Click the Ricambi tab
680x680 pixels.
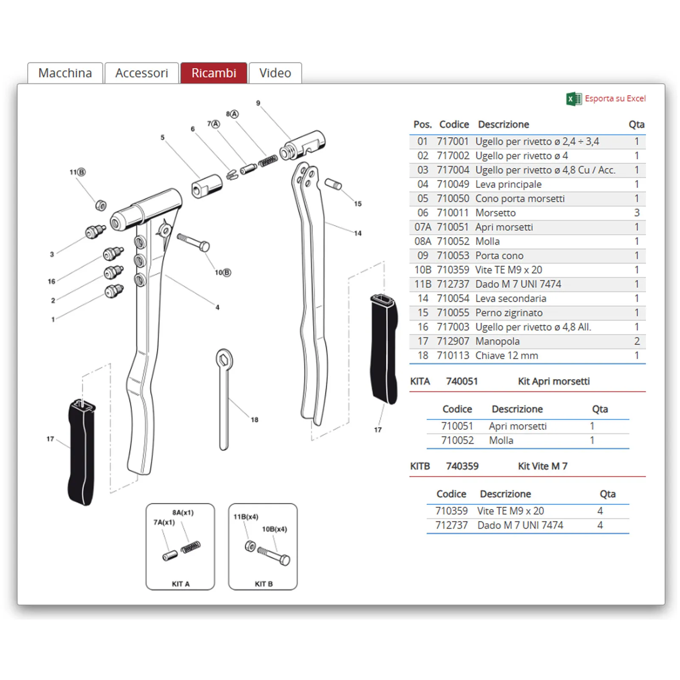point(213,73)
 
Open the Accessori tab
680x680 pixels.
point(142,73)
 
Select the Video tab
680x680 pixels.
point(275,73)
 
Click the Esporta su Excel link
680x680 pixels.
point(615,99)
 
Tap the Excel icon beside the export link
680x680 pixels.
point(574,99)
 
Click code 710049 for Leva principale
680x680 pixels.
point(453,184)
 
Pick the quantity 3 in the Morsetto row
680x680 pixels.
point(636,213)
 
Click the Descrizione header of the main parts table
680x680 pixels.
point(503,125)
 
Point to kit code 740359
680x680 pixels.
point(462,466)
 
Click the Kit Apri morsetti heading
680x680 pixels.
point(553,381)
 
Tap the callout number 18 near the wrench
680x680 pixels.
point(254,420)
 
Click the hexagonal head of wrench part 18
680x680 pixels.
point(224,360)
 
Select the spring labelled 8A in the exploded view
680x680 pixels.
point(268,161)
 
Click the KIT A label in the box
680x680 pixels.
point(180,584)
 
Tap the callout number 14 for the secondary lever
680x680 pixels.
point(357,233)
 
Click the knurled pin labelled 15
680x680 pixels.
point(333,184)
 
